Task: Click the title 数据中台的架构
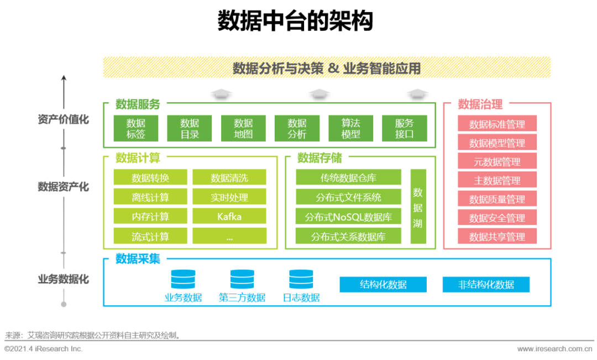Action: coord(295,22)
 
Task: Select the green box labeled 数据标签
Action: coord(136,128)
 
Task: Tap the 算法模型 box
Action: coord(351,128)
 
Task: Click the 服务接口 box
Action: coord(405,128)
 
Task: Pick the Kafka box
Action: coord(229,216)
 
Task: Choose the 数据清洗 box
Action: coord(229,178)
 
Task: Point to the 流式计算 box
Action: coord(150,236)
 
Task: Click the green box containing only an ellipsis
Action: coord(229,236)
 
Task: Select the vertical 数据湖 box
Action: coord(418,207)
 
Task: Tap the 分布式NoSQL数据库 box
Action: coord(348,217)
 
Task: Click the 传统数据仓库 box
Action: coord(348,178)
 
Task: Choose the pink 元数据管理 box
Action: coord(497,161)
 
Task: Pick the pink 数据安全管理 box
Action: coord(497,218)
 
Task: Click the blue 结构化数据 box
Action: coord(383,285)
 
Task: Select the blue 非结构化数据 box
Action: coord(486,285)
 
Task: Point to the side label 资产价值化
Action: coord(63,119)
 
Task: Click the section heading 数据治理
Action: coord(480,104)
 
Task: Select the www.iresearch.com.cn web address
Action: coord(554,348)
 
